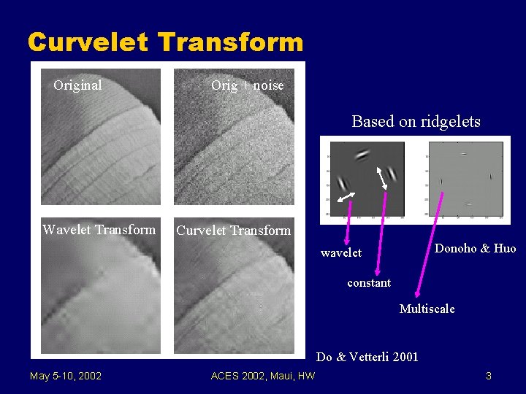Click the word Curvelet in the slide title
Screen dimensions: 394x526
coord(88,42)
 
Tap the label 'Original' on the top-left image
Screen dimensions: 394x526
coord(77,85)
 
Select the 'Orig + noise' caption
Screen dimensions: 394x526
coord(247,85)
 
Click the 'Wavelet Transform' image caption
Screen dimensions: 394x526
coord(99,230)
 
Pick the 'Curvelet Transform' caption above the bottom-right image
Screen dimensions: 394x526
coord(233,231)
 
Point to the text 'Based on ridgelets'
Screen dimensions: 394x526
coord(416,122)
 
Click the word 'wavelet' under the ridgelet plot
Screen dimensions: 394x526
coord(341,252)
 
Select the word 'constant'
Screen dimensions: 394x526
coord(369,282)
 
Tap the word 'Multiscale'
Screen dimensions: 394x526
coord(427,309)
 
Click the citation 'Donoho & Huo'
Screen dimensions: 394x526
coord(475,248)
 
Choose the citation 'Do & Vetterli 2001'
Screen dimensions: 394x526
coord(367,357)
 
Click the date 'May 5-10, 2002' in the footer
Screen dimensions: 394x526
coord(66,376)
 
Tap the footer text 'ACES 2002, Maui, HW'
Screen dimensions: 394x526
coord(262,376)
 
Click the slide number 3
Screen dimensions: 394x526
coord(488,376)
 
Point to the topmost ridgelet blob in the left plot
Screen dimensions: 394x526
coord(362,154)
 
